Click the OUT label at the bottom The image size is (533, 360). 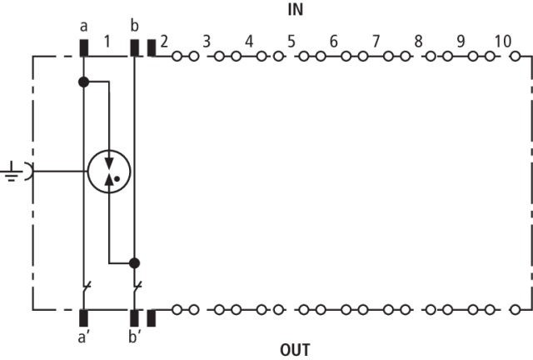(x=294, y=349)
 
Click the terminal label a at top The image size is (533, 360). (x=84, y=26)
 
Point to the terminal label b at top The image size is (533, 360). (x=134, y=26)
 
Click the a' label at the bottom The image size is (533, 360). (x=85, y=340)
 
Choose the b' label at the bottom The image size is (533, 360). (x=135, y=340)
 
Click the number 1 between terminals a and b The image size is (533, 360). (x=107, y=40)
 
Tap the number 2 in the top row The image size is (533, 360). (x=164, y=40)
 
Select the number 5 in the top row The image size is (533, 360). (x=291, y=40)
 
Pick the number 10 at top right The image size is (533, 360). (x=502, y=40)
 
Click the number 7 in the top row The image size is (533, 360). (x=376, y=40)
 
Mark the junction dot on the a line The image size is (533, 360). (x=83, y=82)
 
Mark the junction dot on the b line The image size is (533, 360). (x=134, y=262)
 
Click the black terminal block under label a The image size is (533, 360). (x=84, y=47)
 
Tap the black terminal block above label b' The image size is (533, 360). (x=134, y=317)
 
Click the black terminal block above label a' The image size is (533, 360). (x=84, y=317)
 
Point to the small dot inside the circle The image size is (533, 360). (x=117, y=178)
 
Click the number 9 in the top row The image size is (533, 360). (x=460, y=40)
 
